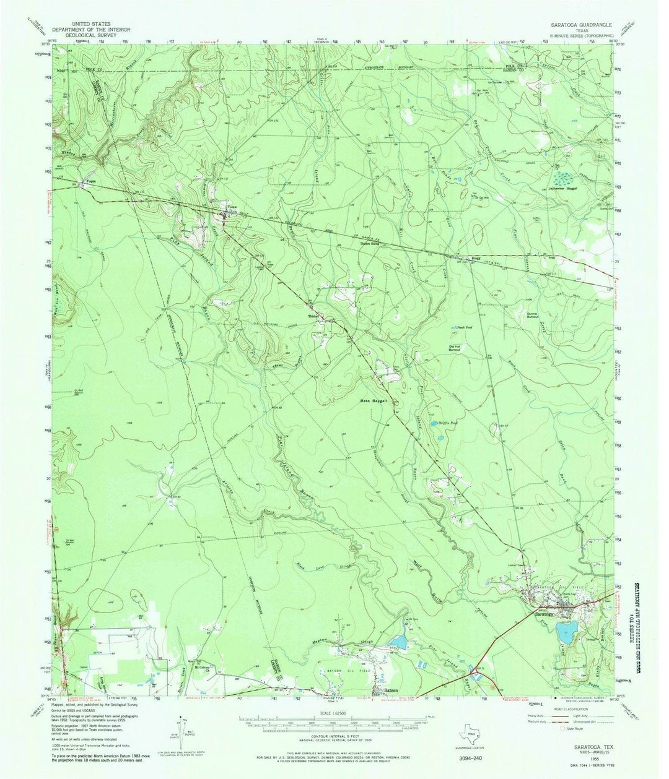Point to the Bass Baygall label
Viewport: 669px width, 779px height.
point(374,401)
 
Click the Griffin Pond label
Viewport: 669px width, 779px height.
point(452,423)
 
